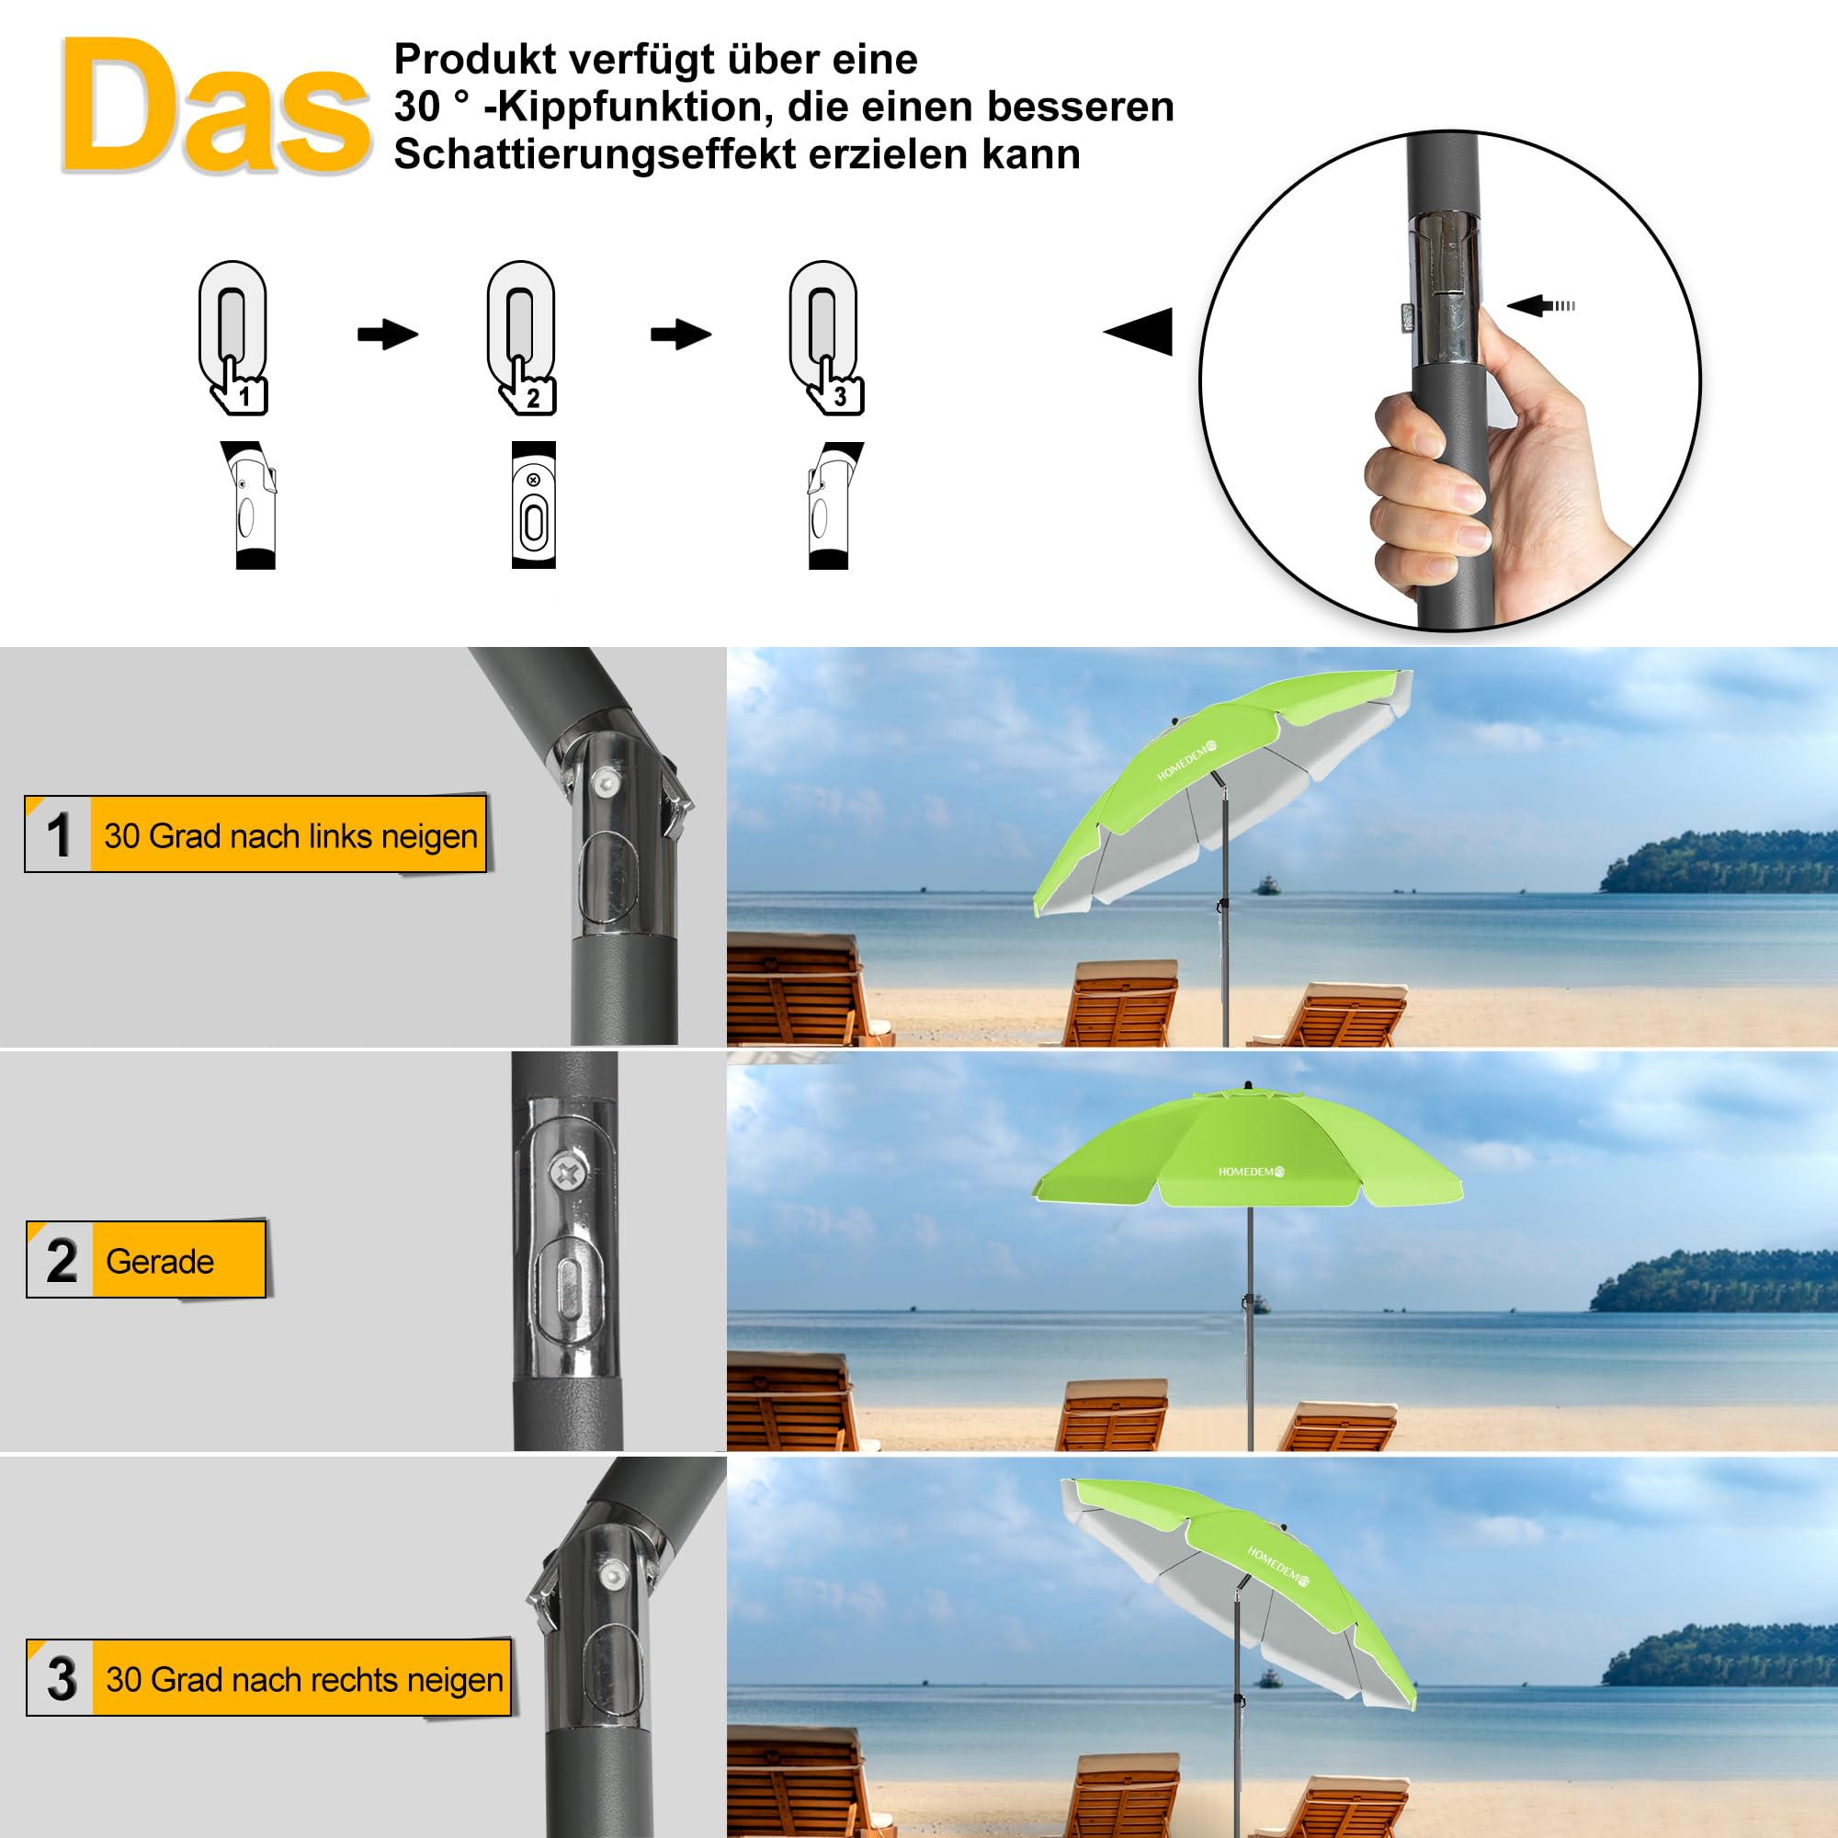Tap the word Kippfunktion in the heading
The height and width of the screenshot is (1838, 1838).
(627, 107)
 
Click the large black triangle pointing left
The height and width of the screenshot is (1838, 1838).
(1140, 332)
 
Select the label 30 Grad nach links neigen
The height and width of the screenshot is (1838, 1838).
(289, 835)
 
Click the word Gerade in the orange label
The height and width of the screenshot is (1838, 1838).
(160, 1262)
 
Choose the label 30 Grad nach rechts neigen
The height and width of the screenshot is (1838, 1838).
(303, 1679)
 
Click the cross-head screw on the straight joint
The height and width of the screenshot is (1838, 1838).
(568, 1172)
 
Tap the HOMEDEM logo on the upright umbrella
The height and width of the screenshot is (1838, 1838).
(1251, 1172)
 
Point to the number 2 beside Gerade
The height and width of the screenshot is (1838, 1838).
(62, 1262)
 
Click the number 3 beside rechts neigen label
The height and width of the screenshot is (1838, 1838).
(62, 1679)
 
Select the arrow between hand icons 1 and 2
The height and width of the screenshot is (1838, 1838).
(387, 334)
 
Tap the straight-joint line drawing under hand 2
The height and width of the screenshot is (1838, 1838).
(533, 505)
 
